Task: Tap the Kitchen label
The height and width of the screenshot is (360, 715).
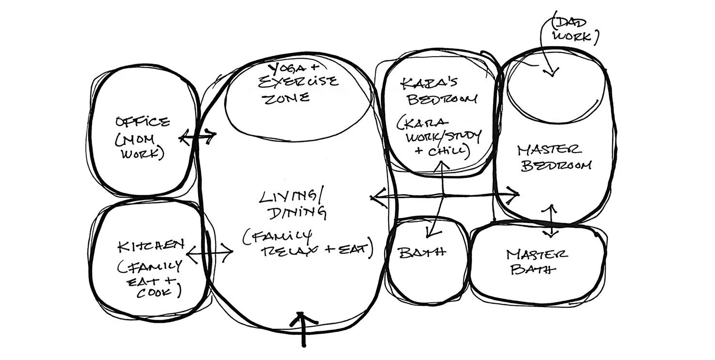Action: tap(150, 246)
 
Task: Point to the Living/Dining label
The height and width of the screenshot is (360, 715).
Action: tap(292, 204)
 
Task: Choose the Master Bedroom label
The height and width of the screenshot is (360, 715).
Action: tap(555, 157)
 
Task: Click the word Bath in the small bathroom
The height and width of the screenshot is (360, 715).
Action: tap(422, 252)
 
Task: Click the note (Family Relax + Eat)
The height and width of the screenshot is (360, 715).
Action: tap(307, 245)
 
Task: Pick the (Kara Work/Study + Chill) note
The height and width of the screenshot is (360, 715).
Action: tap(438, 137)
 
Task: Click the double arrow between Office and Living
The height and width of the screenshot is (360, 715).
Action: tap(198, 137)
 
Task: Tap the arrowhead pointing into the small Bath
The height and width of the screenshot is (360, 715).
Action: tap(429, 234)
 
